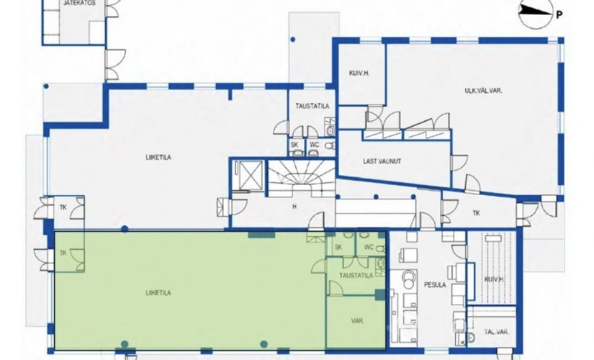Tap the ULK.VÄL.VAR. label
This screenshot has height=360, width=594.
click(483, 91)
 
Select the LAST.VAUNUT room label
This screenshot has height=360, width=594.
click(382, 161)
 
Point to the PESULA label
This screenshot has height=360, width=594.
click(434, 285)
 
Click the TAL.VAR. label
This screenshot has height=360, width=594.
click(496, 332)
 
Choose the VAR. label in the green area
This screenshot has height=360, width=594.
click(357, 321)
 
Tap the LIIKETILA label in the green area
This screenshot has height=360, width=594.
click(158, 292)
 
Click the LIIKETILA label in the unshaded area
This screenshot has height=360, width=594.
click(158, 157)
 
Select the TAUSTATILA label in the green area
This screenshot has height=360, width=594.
click(356, 276)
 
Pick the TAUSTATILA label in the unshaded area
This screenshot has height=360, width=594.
click(312, 107)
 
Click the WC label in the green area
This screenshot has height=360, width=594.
click(369, 247)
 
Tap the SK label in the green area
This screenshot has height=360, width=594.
click(338, 247)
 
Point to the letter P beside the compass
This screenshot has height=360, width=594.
click(559, 15)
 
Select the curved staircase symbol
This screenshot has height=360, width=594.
click(301, 177)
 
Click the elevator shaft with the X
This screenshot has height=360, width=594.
click(248, 175)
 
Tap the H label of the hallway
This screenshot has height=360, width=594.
click(294, 207)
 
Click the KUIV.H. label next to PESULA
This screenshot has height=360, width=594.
click(494, 279)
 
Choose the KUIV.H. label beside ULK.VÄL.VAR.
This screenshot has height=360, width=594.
click(359, 73)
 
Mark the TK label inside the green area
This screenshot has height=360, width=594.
click(63, 253)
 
